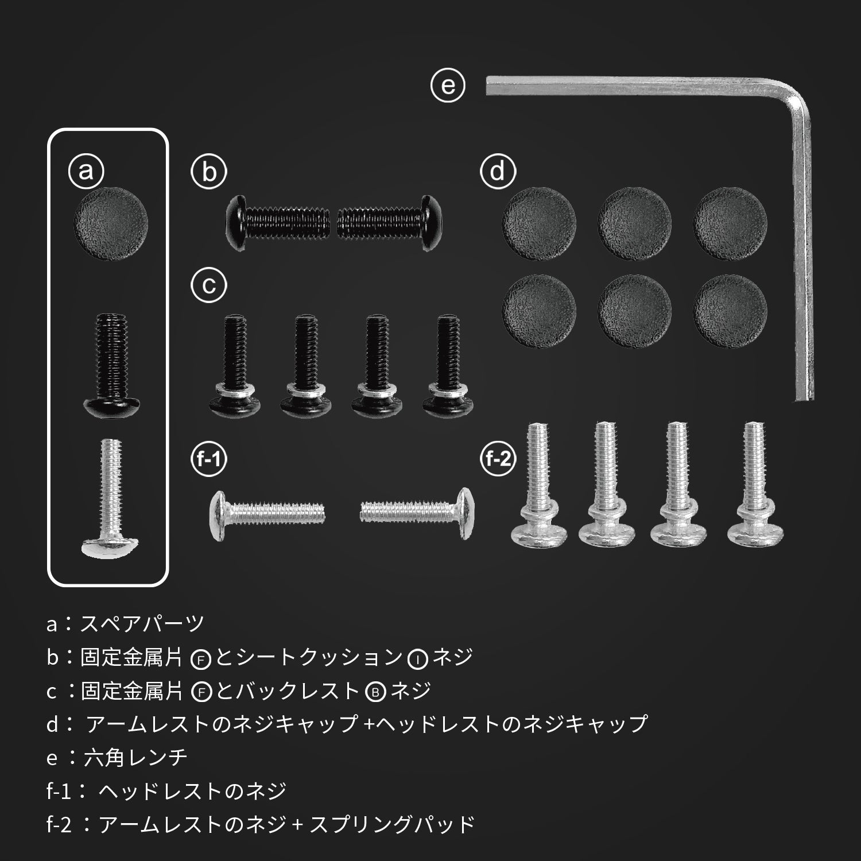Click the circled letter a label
(86, 170)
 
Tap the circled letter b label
(210, 171)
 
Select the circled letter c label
(210, 285)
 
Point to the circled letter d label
(498, 171)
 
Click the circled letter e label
(448, 86)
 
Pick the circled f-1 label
(210, 459)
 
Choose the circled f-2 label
(498, 459)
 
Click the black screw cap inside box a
(111, 223)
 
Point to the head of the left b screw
(236, 223)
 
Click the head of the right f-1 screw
(461, 513)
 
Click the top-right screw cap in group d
(730, 223)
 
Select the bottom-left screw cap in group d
(539, 311)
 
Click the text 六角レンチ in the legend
(135, 758)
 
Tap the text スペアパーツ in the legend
(142, 623)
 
